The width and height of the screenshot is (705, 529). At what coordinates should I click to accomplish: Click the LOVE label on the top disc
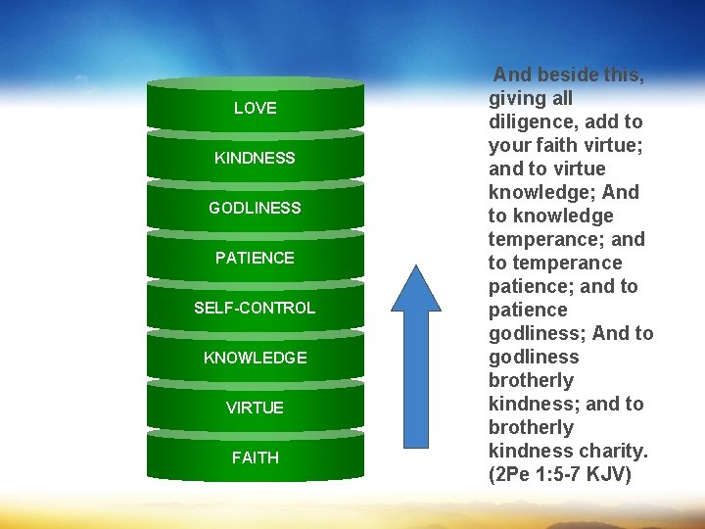(255, 108)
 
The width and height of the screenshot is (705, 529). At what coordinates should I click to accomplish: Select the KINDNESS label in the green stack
(255, 158)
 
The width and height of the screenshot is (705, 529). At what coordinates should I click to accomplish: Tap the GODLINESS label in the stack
(255, 208)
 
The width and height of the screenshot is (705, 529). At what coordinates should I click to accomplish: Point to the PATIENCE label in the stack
(255, 258)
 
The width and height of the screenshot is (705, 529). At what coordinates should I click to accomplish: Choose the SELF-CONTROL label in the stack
(255, 308)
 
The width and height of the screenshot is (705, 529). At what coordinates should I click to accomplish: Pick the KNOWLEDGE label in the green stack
(255, 358)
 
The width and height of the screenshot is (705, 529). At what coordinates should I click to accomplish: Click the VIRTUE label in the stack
(255, 408)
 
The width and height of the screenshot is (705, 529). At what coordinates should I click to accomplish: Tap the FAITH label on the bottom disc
(255, 457)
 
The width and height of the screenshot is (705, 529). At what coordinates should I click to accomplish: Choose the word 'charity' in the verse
(613, 451)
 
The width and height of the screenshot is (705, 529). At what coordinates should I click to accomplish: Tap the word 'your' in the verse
(509, 145)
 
